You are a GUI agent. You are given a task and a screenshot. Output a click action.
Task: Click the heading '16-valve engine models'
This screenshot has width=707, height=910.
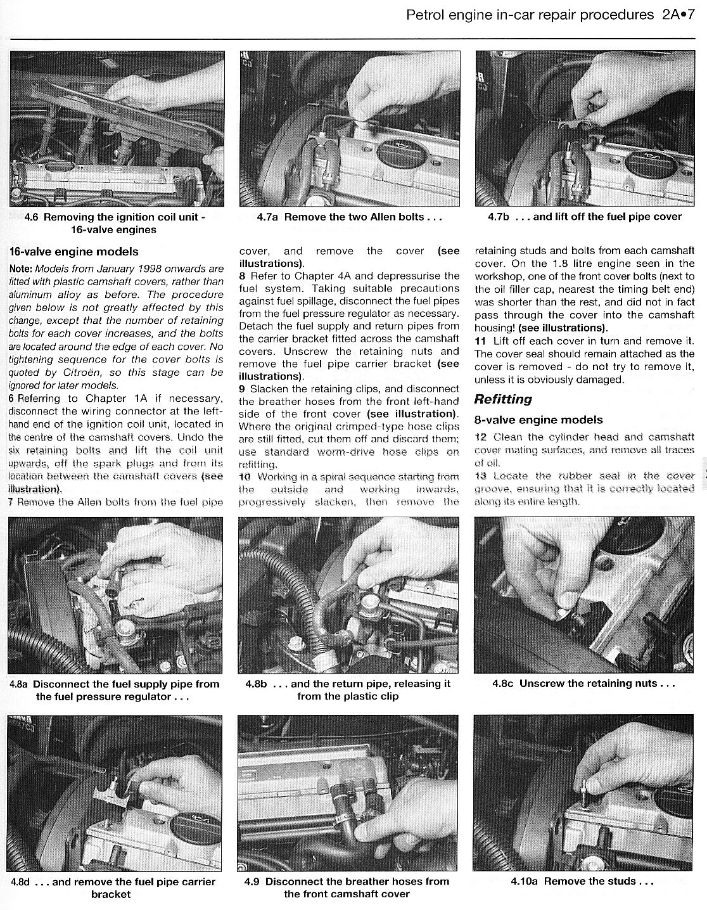point(74,252)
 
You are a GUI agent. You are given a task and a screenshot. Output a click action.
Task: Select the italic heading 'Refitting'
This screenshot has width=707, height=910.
point(503,399)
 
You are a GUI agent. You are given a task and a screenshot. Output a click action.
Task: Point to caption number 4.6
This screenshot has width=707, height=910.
point(31,217)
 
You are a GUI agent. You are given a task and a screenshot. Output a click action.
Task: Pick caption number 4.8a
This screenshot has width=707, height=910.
point(19,684)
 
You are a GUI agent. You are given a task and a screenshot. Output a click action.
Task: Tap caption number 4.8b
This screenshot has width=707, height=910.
point(256,684)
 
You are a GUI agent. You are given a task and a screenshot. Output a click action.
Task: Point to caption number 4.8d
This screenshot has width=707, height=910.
point(19,882)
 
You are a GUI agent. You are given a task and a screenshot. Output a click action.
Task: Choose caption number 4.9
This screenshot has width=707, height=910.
point(252,881)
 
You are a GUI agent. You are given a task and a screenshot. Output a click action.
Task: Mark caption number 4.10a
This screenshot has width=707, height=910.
point(525,881)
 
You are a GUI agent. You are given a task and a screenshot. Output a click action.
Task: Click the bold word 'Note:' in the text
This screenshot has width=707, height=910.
point(21,269)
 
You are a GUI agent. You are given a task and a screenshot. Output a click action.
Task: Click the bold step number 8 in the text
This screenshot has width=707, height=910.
point(243,276)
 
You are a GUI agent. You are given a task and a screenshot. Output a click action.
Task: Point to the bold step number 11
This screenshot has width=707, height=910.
point(480,341)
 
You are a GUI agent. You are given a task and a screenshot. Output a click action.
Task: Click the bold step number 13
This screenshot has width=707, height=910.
point(480,476)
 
